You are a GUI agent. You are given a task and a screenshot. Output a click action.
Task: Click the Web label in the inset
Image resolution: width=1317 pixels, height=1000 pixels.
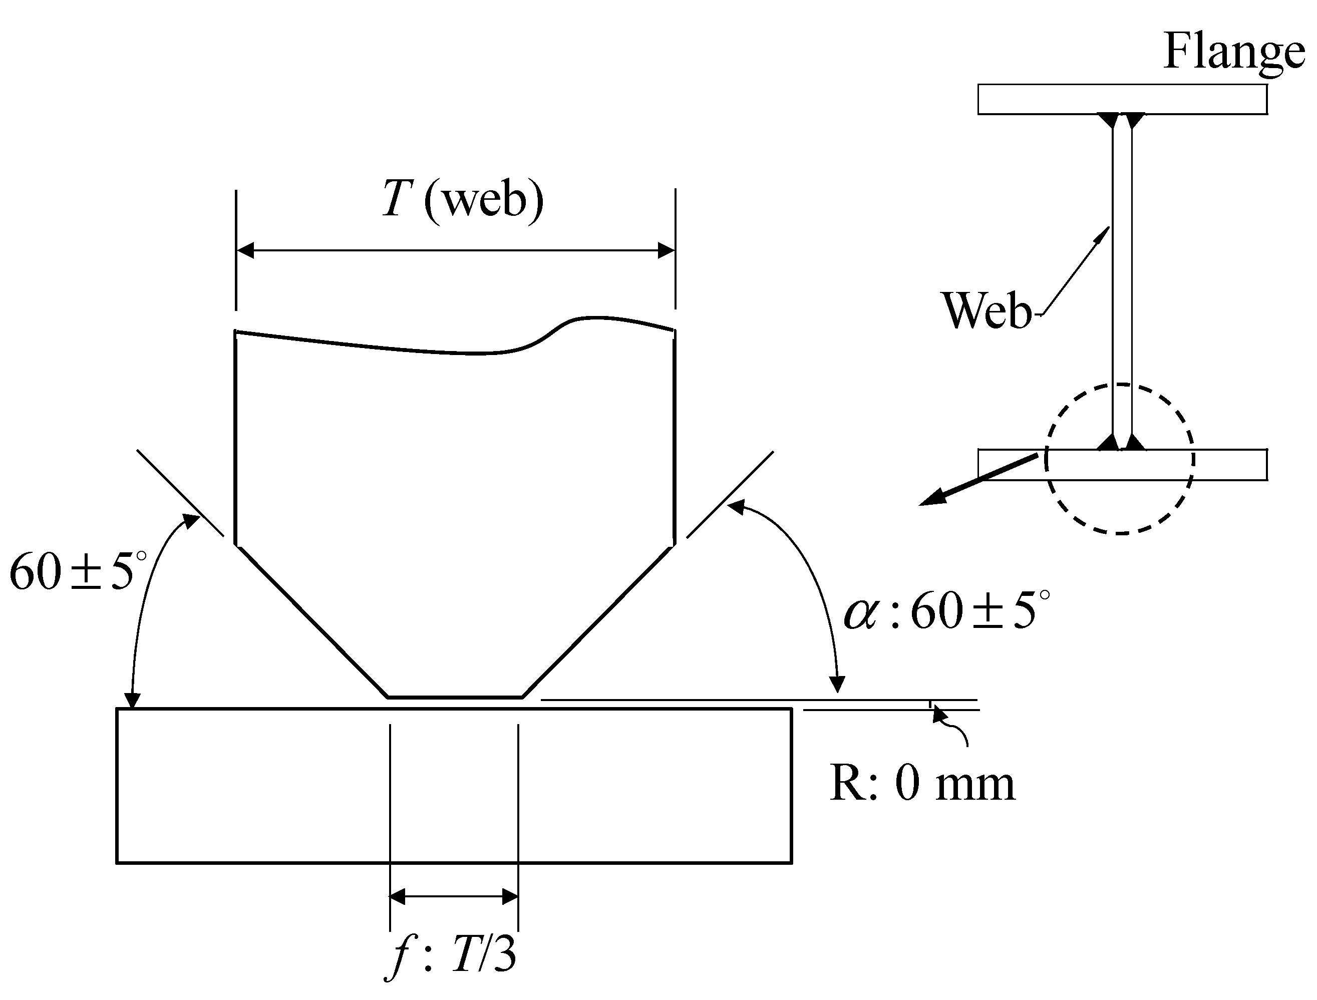986,310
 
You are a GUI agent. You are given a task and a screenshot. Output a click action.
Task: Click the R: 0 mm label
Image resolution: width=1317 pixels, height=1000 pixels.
922,785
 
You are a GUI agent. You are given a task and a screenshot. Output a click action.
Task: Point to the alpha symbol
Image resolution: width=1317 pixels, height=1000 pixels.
861,613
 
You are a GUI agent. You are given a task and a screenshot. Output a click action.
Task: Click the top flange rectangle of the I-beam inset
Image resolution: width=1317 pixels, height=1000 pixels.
1122,99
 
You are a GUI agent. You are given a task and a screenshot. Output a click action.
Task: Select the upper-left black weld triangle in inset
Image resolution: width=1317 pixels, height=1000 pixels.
1109,119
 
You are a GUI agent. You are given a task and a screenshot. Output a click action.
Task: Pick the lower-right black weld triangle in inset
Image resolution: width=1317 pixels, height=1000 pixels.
1135,442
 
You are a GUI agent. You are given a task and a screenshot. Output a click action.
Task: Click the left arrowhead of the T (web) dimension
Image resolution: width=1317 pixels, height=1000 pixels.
245,250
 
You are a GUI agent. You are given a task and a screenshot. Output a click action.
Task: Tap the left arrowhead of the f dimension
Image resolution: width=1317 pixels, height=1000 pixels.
397,896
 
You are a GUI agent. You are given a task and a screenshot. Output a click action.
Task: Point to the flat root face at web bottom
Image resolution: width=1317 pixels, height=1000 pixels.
455,697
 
